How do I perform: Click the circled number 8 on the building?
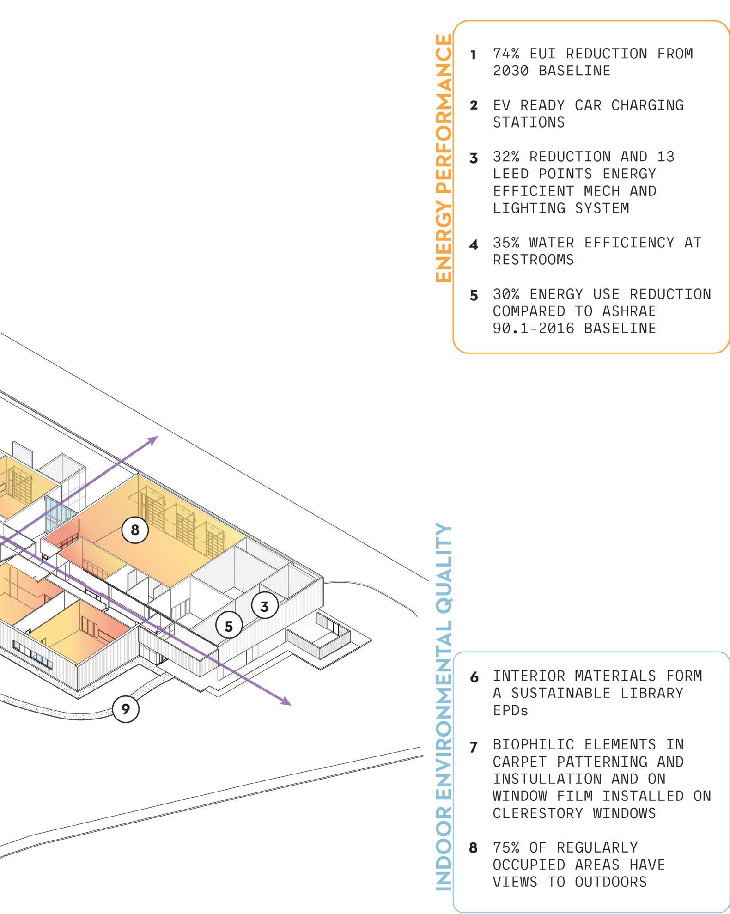pyautogui.click(x=135, y=530)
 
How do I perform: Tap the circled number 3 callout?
pyautogui.click(x=265, y=606)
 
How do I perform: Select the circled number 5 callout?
pyautogui.click(x=229, y=626)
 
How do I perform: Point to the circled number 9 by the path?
pyautogui.click(x=126, y=708)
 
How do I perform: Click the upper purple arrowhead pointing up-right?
pyautogui.click(x=153, y=439)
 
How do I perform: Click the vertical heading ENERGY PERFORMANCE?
pyautogui.click(x=444, y=158)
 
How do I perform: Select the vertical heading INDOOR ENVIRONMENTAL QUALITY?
pyautogui.click(x=444, y=707)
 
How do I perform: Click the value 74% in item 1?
pyautogui.click(x=506, y=54)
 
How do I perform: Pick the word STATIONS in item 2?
pyautogui.click(x=529, y=122)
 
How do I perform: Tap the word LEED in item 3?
pyautogui.click(x=511, y=174)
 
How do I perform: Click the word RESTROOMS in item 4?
pyautogui.click(x=533, y=260)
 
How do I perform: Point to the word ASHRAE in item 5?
pyautogui.click(x=629, y=311)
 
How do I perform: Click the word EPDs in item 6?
pyautogui.click(x=511, y=710)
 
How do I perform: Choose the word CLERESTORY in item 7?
pyautogui.click(x=538, y=813)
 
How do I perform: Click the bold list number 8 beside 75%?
pyautogui.click(x=473, y=848)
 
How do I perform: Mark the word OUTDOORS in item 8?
pyautogui.click(x=611, y=882)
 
